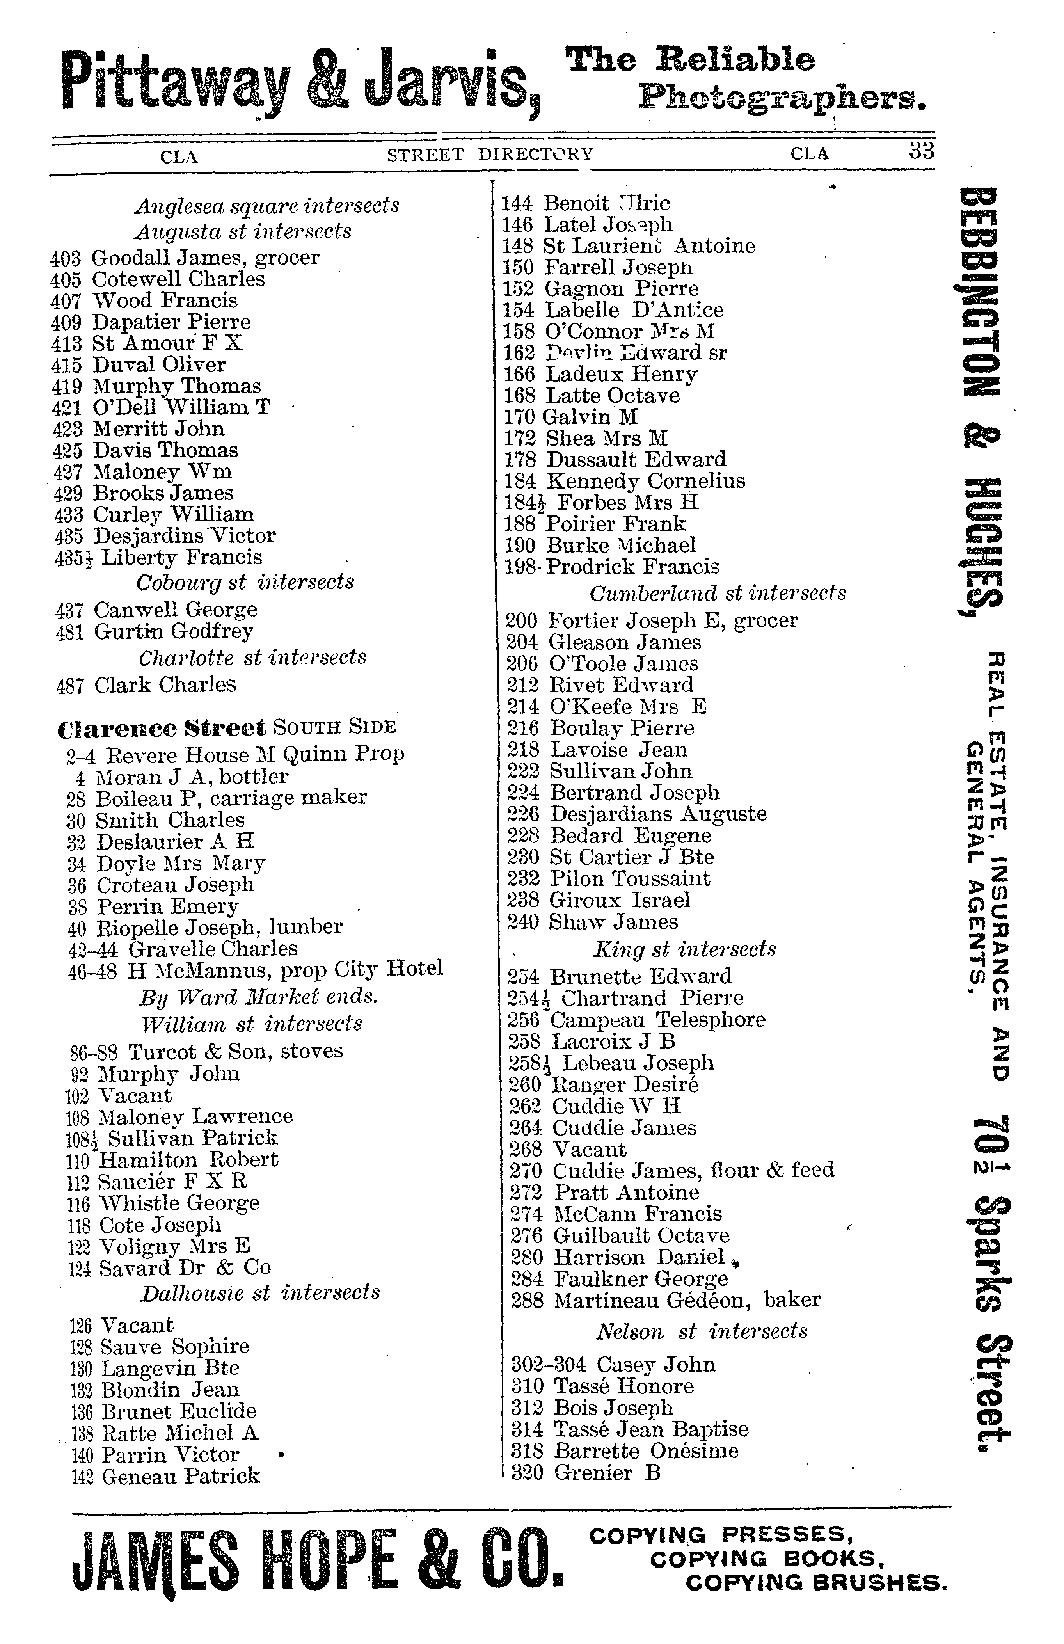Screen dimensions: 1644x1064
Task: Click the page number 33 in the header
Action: click(921, 151)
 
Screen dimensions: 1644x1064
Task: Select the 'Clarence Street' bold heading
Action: click(162, 728)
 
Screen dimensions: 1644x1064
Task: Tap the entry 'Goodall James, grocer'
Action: click(205, 258)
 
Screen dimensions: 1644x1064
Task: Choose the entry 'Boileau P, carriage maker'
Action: click(231, 798)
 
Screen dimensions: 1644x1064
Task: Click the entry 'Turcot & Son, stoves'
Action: click(235, 1051)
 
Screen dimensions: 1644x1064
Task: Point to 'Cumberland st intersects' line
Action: click(718, 594)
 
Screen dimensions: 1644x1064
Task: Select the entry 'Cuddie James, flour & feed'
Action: click(693, 1169)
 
